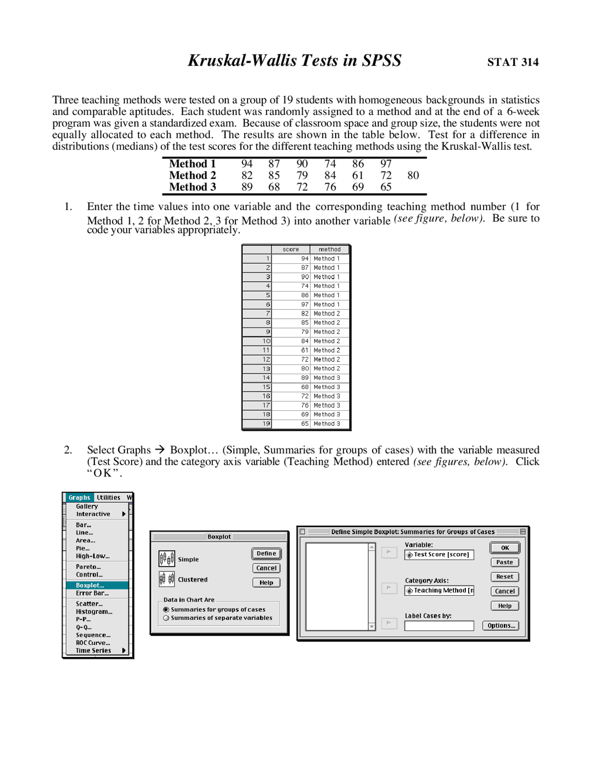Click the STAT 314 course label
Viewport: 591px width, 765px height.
513,62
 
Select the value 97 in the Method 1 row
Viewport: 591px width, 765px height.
386,164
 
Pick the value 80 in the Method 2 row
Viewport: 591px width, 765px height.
413,176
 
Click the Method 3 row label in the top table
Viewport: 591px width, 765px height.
192,187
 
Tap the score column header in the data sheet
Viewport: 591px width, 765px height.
290,249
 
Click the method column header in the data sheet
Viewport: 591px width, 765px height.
329,249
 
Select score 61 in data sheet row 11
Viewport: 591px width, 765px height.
304,350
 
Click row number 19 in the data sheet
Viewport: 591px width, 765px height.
266,424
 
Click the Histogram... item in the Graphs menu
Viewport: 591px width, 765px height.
94,612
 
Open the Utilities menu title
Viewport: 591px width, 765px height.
109,498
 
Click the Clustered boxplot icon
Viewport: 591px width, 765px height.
167,579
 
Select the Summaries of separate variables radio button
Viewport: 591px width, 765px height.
166,618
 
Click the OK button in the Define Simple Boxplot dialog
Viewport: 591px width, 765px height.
505,548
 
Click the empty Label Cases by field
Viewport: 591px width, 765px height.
439,626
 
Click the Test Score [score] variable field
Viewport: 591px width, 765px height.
439,555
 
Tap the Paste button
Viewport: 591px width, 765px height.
505,563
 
